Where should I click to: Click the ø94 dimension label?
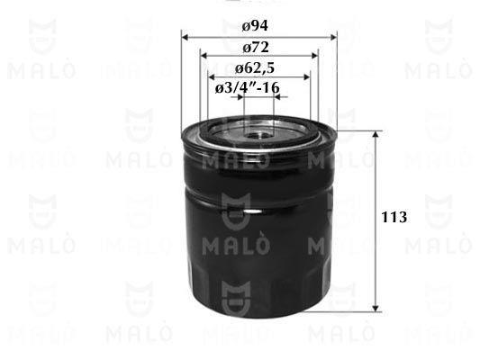[255, 26]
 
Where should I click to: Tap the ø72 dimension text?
[256, 48]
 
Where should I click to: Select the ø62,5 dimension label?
[255, 68]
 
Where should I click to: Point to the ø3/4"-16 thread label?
[248, 88]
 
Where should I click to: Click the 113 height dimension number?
[394, 217]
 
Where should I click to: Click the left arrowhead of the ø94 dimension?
[185, 37]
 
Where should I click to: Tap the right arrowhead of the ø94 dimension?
[334, 37]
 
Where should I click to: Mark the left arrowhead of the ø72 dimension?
[204, 56]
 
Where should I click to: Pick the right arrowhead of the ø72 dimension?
[314, 56]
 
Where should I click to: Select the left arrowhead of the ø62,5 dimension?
[211, 76]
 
